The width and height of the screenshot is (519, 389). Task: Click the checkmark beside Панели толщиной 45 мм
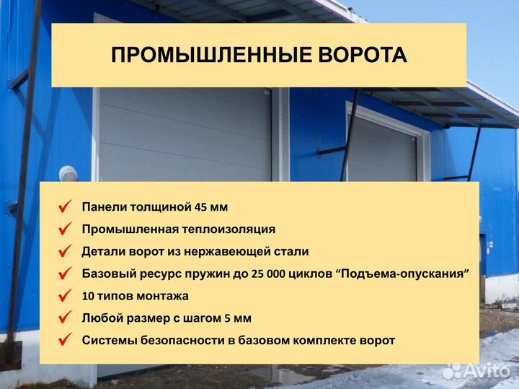click(64, 207)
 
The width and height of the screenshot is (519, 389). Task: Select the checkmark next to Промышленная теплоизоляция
click(64, 230)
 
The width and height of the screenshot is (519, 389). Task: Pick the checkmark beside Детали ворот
click(64, 251)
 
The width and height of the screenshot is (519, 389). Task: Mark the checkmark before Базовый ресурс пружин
click(64, 274)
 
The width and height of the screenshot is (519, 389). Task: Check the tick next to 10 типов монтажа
click(64, 296)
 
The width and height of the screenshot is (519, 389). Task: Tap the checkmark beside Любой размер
click(64, 318)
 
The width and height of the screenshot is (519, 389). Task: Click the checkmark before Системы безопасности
click(64, 340)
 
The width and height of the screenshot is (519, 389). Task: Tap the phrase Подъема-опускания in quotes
click(404, 274)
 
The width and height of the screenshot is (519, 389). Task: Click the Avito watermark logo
click(475, 370)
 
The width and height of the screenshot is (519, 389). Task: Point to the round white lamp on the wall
click(68, 174)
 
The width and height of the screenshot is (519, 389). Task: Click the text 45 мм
click(210, 207)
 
